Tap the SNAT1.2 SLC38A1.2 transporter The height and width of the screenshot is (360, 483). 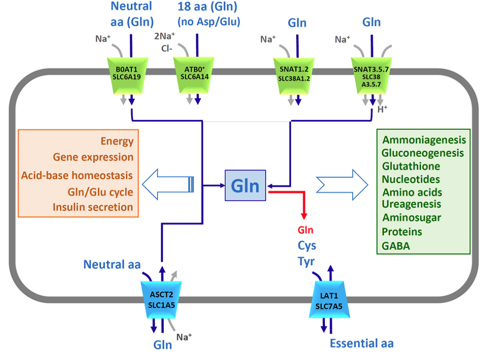[x=294, y=75]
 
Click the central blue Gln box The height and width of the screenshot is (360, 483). [x=245, y=185]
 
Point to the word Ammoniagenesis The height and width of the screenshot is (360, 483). [x=424, y=140]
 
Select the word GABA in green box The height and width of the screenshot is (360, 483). [x=396, y=246]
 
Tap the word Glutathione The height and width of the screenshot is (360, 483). [x=411, y=167]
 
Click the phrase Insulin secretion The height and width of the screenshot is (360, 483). [x=93, y=207]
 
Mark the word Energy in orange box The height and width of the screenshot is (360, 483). [x=117, y=142]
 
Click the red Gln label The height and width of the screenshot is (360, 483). [x=305, y=230]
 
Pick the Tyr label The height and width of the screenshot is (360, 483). [x=306, y=261]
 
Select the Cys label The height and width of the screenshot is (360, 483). [x=307, y=245]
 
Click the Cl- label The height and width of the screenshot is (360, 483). [x=168, y=48]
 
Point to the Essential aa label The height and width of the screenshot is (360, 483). [x=361, y=343]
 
